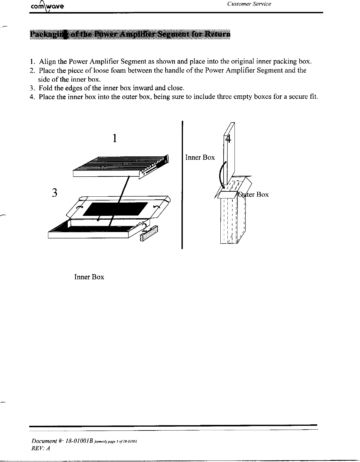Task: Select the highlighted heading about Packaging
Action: [x=130, y=34]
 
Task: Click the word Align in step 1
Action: [x=47, y=62]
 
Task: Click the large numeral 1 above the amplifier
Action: [x=115, y=138]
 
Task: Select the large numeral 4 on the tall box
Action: [x=228, y=139]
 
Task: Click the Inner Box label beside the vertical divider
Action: [x=200, y=158]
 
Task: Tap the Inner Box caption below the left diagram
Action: [x=89, y=277]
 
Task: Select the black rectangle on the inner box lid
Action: [x=116, y=209]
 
